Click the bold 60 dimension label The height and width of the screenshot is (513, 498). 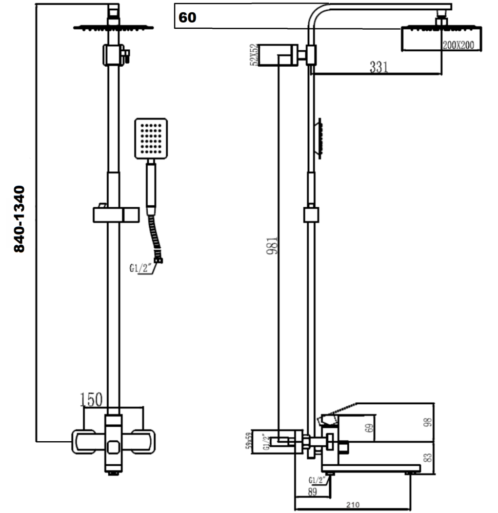(x=188, y=18)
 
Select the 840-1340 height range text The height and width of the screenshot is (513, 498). (x=19, y=219)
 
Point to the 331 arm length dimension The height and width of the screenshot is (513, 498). (x=379, y=67)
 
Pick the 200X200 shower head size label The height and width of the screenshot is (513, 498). (x=459, y=45)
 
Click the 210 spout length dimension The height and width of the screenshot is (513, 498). (x=353, y=505)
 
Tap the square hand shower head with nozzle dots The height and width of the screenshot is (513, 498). (x=151, y=139)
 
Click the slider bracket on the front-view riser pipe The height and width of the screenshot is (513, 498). (x=116, y=214)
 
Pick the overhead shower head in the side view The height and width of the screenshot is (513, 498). (x=440, y=38)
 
